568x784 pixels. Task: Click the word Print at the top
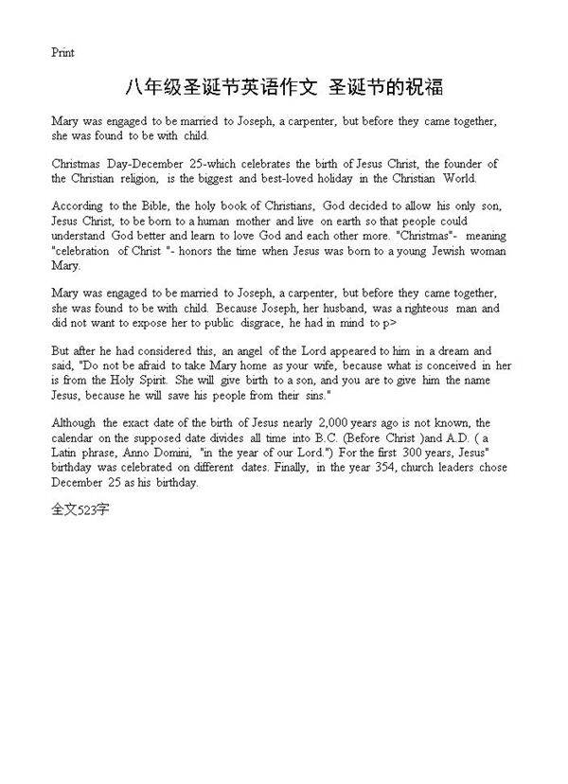(x=62, y=53)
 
